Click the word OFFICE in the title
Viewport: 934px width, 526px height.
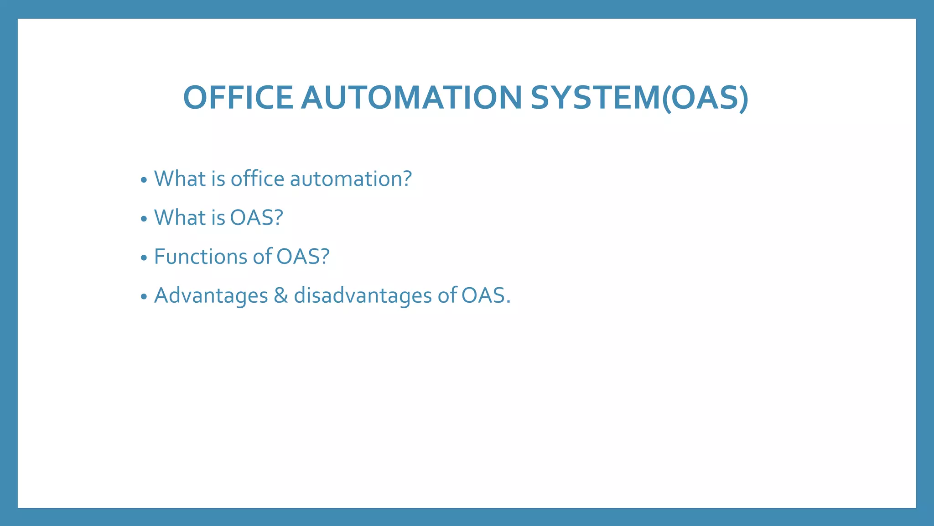(238, 98)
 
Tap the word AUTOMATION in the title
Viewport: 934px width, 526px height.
(411, 98)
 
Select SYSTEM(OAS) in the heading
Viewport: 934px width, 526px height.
(639, 98)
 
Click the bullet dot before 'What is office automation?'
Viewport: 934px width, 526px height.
(144, 180)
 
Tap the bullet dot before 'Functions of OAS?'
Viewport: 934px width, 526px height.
(144, 258)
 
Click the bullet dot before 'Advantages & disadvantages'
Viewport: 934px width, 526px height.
(144, 297)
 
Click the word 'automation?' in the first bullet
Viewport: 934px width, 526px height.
(351, 179)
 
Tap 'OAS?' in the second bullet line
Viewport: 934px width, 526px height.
(256, 218)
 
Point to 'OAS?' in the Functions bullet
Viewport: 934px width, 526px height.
(303, 257)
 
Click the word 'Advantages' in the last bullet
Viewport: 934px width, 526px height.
(211, 296)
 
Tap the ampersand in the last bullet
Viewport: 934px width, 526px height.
(281, 296)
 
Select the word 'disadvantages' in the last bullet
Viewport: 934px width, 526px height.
(363, 296)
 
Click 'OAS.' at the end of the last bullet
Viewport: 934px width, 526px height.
(486, 296)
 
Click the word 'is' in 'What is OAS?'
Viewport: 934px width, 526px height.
(218, 218)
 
